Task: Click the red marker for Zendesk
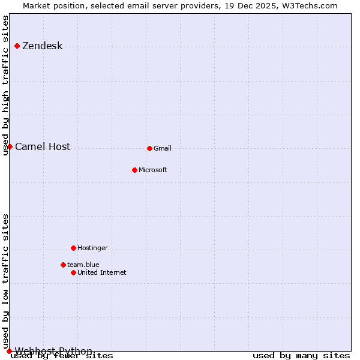click(17, 46)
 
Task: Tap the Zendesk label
click(42, 46)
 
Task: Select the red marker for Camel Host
click(10, 146)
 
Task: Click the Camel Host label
click(43, 147)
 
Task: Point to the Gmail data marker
click(149, 148)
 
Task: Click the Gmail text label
click(162, 149)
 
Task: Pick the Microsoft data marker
click(134, 170)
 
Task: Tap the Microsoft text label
click(152, 170)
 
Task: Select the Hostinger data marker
click(73, 248)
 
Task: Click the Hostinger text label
click(92, 248)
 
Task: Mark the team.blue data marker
click(63, 265)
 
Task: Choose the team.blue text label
click(83, 265)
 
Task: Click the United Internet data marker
click(73, 272)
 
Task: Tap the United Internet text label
click(101, 273)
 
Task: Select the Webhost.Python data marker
click(9, 351)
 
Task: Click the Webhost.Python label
click(53, 351)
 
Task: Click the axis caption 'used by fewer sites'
click(62, 356)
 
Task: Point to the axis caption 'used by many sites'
click(301, 356)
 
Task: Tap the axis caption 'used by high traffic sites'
click(6, 85)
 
